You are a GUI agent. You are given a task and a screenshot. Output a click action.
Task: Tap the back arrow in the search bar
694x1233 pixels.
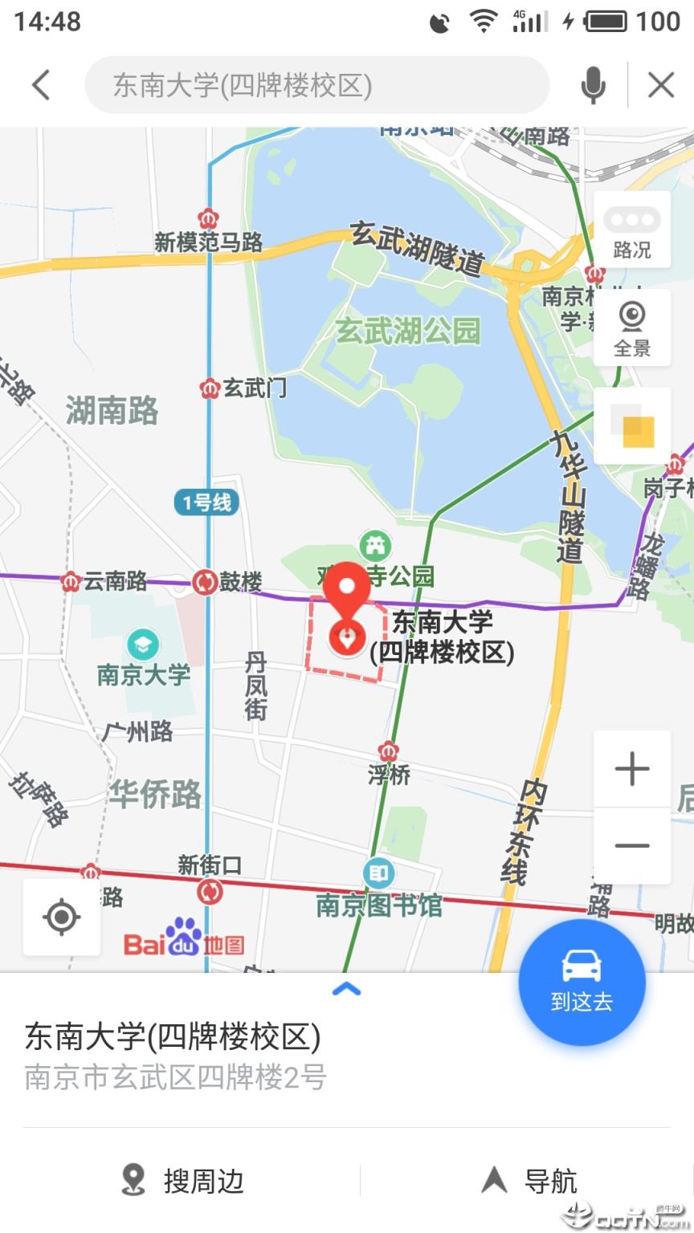pos(41,85)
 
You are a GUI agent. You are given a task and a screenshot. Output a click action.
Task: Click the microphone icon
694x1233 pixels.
pos(593,85)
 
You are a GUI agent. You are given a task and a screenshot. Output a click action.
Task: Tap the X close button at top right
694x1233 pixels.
pos(661,85)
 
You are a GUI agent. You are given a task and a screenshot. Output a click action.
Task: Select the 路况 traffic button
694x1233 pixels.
pos(632,234)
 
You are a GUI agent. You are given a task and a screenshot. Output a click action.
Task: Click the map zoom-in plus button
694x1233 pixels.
pos(632,769)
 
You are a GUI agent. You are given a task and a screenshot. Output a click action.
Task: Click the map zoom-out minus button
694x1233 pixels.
pos(632,846)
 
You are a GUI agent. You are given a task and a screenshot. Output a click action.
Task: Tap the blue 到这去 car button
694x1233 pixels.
pos(582,982)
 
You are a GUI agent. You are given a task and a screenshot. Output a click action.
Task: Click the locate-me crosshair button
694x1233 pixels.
pos(62,917)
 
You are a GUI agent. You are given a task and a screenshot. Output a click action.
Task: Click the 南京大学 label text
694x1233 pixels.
pos(144,675)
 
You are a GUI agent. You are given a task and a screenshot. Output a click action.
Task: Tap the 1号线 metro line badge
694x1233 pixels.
pos(207,503)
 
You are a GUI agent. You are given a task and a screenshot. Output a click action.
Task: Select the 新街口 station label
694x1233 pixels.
pos(210,865)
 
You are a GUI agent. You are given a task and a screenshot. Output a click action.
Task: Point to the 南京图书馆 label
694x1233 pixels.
pos(379,905)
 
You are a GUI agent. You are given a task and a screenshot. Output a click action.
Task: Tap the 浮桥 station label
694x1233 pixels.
pos(390,775)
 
